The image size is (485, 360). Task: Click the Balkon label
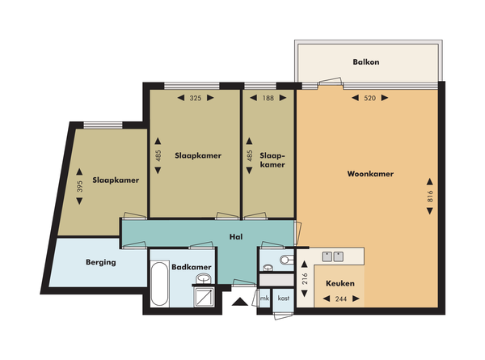[x=366, y=61]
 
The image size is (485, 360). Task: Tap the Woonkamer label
[x=369, y=173]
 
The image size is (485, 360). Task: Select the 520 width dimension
[x=371, y=98]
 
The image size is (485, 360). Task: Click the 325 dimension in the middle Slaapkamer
[x=196, y=98]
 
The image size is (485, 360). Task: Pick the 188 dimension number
[x=268, y=98]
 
